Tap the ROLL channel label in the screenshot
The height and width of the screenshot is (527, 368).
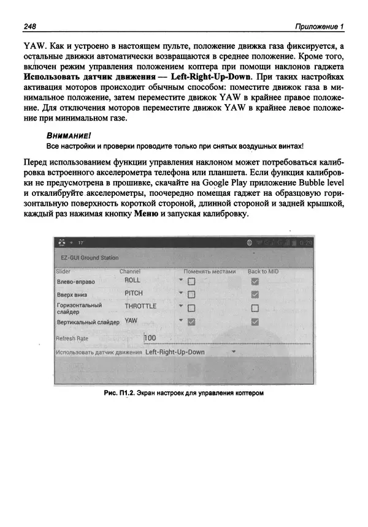[132, 280]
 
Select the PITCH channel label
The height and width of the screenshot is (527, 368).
[134, 294]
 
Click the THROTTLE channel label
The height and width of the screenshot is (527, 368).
[140, 307]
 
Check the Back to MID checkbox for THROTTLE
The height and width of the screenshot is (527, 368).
[255, 308]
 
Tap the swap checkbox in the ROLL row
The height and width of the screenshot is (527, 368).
[191, 282]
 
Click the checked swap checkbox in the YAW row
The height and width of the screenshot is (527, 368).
[191, 322]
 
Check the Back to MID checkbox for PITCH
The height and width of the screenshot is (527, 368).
[255, 295]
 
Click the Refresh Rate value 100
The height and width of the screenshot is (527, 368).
[151, 338]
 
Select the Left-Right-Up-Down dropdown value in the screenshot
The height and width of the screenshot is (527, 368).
[175, 353]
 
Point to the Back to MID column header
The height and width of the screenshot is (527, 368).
[264, 271]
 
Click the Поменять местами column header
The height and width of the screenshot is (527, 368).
[209, 271]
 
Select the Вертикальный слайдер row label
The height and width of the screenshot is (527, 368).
[87, 322]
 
